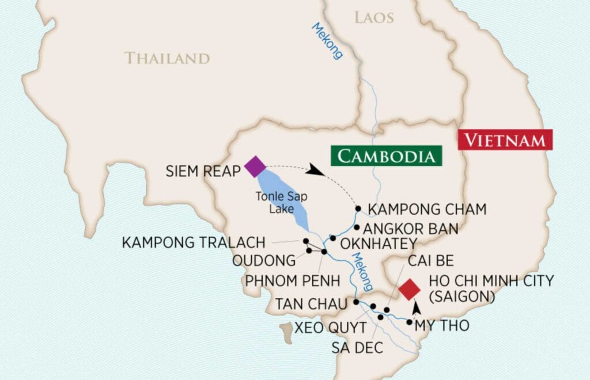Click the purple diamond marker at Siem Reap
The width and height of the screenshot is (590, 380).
tap(255, 166)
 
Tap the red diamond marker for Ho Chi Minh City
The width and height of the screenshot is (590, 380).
tap(409, 289)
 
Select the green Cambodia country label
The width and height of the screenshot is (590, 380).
tap(386, 156)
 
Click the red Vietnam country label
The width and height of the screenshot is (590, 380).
tap(505, 140)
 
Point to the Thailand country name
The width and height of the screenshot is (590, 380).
tap(167, 58)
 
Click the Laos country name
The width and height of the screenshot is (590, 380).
tap(374, 18)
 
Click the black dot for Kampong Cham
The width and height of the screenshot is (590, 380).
tap(358, 208)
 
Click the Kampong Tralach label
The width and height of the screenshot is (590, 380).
tap(194, 242)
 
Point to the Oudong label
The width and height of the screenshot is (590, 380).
tap(264, 261)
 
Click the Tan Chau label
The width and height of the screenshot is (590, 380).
tap(311, 303)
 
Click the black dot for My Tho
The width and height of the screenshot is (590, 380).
tap(409, 322)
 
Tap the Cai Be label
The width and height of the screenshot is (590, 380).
tap(430, 261)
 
